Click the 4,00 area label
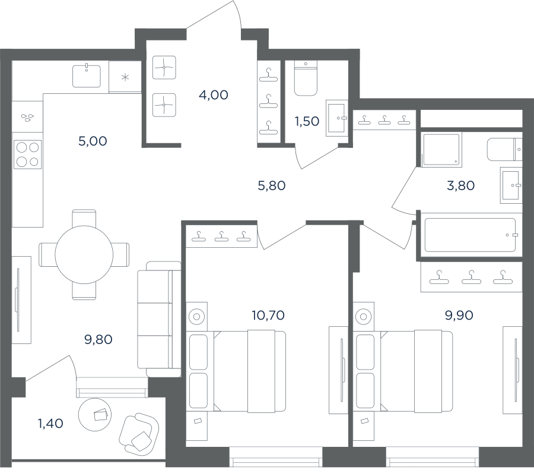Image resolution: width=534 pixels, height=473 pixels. [x=214, y=95]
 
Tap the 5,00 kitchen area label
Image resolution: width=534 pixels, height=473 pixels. [x=93, y=141]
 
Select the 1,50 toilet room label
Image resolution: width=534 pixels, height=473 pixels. [x=307, y=121]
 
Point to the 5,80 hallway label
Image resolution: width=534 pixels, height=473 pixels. [x=271, y=186]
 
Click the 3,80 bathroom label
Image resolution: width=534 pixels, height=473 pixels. [x=460, y=186]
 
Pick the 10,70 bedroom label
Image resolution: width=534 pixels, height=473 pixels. [x=268, y=316]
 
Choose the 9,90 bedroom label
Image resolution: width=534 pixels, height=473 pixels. [x=459, y=316]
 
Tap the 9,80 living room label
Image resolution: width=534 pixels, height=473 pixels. [x=98, y=340]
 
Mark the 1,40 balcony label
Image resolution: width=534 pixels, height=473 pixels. [x=50, y=424]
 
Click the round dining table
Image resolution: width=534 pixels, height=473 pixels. [x=84, y=254]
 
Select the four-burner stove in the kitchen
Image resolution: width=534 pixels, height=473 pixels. [x=27, y=154]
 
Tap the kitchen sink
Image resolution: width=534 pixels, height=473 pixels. [x=87, y=77]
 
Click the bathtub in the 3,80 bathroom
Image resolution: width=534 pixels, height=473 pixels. [x=470, y=235]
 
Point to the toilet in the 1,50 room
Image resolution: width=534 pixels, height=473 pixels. [x=306, y=78]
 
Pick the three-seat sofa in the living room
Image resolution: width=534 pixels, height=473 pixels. [x=159, y=319]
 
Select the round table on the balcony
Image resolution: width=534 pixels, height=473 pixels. [x=95, y=415]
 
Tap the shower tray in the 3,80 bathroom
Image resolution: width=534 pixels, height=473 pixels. [x=441, y=150]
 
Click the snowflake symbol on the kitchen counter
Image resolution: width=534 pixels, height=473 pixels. [x=125, y=77]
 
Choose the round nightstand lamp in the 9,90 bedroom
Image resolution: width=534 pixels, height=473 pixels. [x=363, y=317]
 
